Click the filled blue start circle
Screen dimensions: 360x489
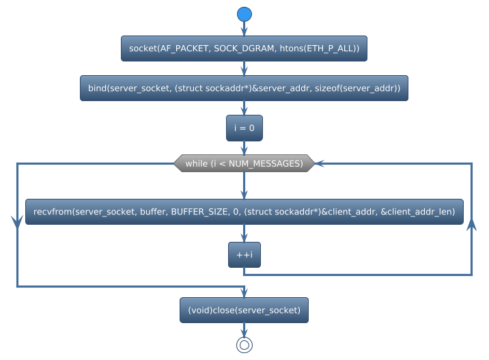(x=244, y=14)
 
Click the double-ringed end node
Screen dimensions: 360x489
(x=244, y=345)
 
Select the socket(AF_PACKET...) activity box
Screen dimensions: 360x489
(x=244, y=49)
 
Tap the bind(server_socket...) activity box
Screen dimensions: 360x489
(x=244, y=88)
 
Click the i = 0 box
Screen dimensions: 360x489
(x=244, y=128)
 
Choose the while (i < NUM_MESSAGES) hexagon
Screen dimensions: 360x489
(x=244, y=163)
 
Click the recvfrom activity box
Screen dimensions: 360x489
(x=244, y=212)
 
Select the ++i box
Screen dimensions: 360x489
(x=244, y=255)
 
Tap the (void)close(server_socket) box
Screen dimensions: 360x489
(x=244, y=310)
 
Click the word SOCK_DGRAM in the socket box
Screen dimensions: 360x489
(x=241, y=49)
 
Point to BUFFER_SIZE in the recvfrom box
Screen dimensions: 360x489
(x=200, y=212)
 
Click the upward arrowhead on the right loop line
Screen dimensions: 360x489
(x=471, y=226)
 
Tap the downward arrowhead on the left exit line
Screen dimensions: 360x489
(x=16, y=221)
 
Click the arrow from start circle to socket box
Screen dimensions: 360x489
(x=244, y=29)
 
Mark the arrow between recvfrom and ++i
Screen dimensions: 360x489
(x=244, y=234)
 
